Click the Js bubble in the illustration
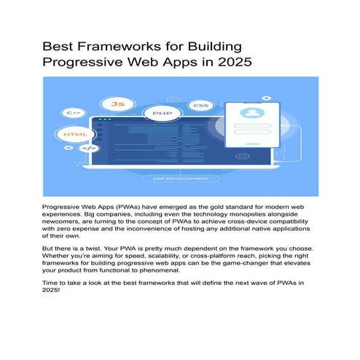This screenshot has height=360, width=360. [117, 103]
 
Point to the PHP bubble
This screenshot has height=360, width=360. [162, 114]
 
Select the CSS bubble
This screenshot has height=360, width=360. [200, 106]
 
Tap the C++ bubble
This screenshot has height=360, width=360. [74, 113]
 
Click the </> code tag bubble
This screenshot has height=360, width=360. [87, 149]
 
